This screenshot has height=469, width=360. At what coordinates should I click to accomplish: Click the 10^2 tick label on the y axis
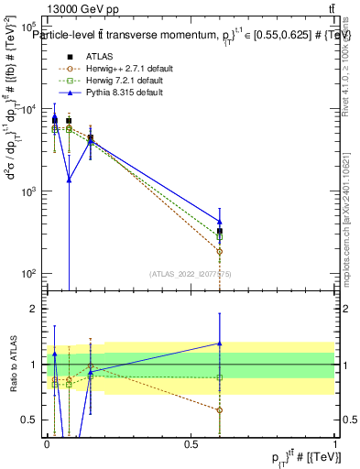pyautogui.click(x=28, y=274)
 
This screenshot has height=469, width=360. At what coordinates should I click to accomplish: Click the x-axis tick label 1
pyautogui.click(x=335, y=443)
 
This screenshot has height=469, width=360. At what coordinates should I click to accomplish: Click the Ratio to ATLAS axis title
pyautogui.click(x=12, y=365)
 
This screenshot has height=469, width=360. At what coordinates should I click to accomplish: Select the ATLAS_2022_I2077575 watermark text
pyautogui.click(x=190, y=273)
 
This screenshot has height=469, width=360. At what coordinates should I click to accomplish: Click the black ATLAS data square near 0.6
pyautogui.click(x=219, y=232)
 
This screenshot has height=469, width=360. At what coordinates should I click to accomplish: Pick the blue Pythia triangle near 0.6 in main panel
pyautogui.click(x=219, y=221)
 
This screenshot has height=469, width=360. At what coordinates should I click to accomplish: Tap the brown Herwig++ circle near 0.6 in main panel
pyautogui.click(x=219, y=251)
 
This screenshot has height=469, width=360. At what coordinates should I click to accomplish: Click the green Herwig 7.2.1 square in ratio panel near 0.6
pyautogui.click(x=219, y=377)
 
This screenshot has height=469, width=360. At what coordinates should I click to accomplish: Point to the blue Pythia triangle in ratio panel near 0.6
pyautogui.click(x=219, y=344)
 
